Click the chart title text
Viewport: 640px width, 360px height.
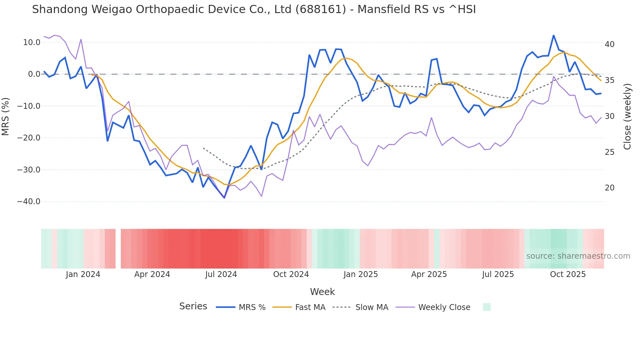pos(254,9)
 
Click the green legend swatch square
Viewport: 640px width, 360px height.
pos(487,307)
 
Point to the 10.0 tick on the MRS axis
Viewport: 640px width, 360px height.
pos(32,42)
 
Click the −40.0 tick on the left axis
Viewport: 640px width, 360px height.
pos(29,202)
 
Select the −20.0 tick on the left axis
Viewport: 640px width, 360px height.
pos(29,138)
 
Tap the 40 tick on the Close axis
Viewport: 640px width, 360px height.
pos(610,44)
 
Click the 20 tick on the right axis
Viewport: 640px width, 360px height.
pos(610,188)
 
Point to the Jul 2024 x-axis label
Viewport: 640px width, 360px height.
pos(221,274)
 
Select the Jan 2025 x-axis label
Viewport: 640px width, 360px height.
pos(360,274)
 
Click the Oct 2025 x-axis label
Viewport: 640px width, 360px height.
pos(568,274)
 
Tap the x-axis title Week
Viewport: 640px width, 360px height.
pos(322,292)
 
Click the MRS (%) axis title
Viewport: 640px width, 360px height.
pos(6,116)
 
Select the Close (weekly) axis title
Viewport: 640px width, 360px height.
pos(627,116)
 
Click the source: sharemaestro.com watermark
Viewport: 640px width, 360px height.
pos(578,256)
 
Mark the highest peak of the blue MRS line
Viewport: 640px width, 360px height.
pos(553,35)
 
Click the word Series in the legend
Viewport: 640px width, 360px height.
pos(193,306)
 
